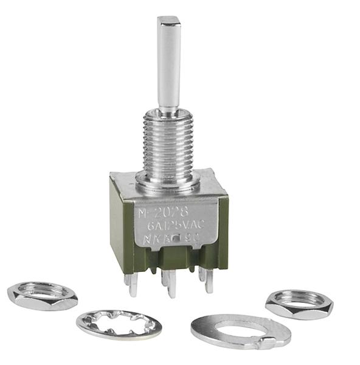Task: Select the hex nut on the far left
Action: click(42, 296)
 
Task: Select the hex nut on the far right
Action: click(299, 303)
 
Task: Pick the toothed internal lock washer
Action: click(119, 324)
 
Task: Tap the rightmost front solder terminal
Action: click(209, 280)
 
